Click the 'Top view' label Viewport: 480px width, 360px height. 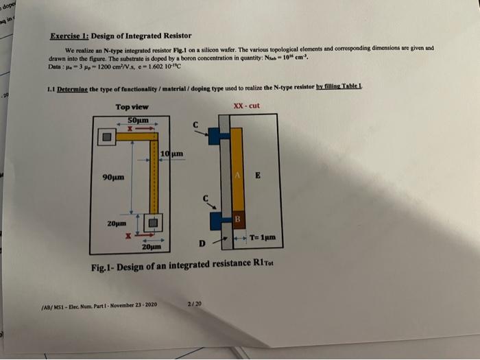132,106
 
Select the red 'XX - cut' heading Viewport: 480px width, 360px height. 247,106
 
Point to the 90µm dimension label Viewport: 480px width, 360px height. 112,177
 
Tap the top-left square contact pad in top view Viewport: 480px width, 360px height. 107,137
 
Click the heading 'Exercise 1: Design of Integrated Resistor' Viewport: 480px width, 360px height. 121,36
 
